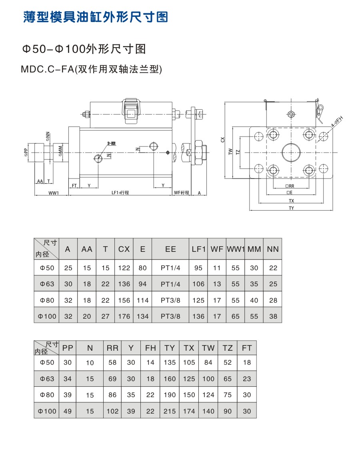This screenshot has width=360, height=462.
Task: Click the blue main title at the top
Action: [95, 17]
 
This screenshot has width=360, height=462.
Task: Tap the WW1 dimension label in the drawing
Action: [54, 193]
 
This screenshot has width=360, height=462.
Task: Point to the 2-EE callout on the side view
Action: [111, 143]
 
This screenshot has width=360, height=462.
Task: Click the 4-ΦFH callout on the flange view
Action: [337, 122]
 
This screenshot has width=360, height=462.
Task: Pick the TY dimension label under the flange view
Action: [291, 208]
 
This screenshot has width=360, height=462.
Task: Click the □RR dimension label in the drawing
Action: [290, 186]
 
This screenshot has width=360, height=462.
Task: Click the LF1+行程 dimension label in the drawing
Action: [120, 193]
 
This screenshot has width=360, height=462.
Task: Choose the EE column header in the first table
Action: [170, 249]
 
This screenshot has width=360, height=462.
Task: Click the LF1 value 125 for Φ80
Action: [198, 300]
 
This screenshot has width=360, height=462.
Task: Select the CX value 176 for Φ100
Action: [124, 316]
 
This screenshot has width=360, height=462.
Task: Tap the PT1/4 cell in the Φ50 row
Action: [170, 268]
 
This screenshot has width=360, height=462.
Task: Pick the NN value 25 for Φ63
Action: [273, 284]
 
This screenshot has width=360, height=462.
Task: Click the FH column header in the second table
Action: [150, 348]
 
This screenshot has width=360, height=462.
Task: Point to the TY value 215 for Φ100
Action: [170, 411]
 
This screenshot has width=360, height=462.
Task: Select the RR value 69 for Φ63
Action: [112, 379]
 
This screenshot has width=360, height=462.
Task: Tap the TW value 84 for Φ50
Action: [208, 363]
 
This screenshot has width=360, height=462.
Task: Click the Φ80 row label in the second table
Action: [47, 395]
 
